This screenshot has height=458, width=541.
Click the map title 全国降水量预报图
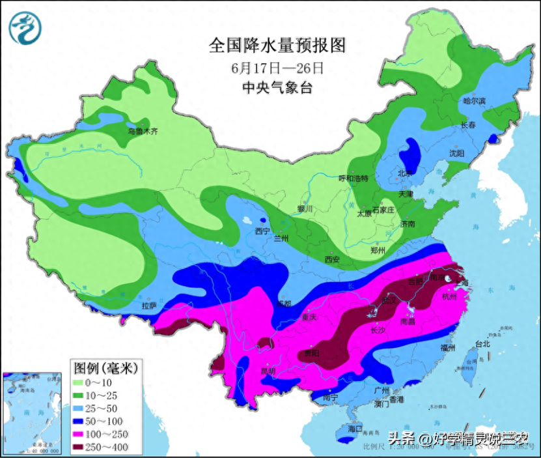[276, 45]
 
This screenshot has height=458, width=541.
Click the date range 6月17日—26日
[277, 67]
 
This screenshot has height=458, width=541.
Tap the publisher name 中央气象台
[277, 88]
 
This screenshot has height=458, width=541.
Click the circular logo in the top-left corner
[25, 27]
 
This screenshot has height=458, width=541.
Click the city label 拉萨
[149, 304]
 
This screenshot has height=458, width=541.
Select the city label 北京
[405, 174]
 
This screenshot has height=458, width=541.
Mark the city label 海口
[355, 429]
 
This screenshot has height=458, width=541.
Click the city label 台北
[482, 343]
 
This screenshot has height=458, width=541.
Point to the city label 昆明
[268, 371]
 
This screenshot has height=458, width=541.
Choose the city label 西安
[332, 259]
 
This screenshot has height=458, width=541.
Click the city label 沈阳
[457, 154]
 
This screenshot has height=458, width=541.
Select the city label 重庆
[308, 317]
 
